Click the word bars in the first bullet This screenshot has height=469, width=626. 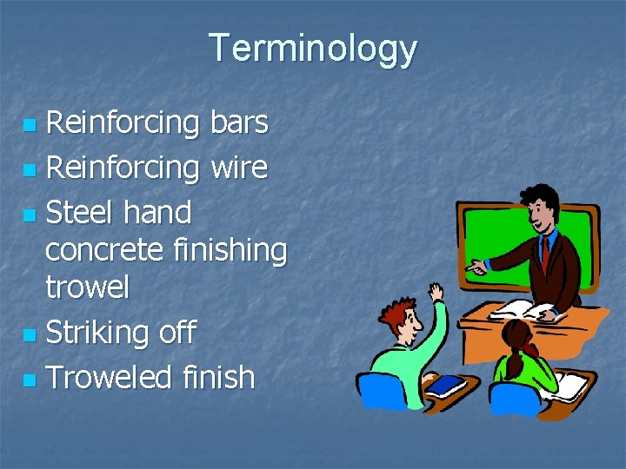239,123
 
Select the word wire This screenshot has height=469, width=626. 238,167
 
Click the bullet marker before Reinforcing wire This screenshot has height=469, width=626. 30,168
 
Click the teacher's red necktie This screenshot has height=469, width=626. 544,252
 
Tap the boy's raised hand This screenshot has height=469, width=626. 436,291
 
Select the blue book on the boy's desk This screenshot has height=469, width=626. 443,385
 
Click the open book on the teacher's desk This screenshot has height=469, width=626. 522,310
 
